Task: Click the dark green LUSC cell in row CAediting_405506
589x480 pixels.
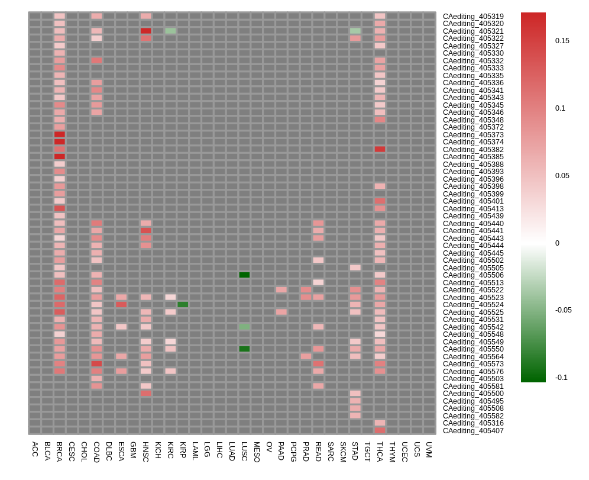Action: (x=244, y=275)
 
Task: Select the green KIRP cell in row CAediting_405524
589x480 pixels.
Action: (x=183, y=305)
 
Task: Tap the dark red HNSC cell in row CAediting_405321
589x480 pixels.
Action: (x=145, y=31)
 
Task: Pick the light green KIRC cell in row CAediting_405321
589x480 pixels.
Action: (x=170, y=31)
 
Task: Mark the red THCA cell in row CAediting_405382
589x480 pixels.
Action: (x=380, y=149)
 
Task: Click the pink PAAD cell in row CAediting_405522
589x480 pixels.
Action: (x=281, y=290)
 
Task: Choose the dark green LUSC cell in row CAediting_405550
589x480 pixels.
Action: (x=244, y=349)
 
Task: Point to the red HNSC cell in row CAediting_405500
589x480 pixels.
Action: (x=145, y=394)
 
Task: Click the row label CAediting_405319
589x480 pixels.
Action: (x=473, y=17)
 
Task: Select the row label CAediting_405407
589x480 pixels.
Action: (x=473, y=431)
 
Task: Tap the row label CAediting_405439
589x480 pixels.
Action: (x=473, y=216)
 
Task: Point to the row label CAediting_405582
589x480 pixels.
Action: (x=473, y=416)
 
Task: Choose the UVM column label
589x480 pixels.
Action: (x=429, y=449)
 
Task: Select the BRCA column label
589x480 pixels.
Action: (x=59, y=452)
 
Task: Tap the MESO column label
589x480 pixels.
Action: (x=257, y=452)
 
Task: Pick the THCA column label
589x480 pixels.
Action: (x=380, y=452)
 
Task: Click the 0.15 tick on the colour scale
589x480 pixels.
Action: (x=562, y=41)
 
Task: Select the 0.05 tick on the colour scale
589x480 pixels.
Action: (x=562, y=176)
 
